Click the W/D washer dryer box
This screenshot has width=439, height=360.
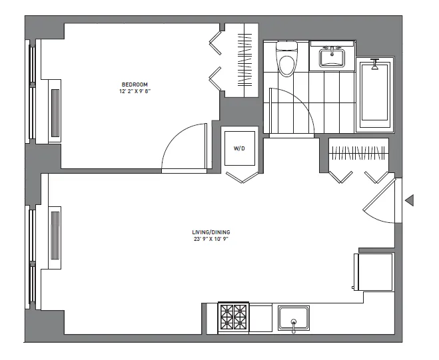click(x=240, y=148)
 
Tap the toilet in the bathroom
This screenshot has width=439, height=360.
click(x=286, y=61)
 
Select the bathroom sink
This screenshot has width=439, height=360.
click(x=331, y=57)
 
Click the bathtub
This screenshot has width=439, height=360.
click(x=374, y=96)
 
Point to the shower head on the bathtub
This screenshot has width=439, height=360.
click(x=374, y=65)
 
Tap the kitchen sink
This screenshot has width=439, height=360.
click(x=294, y=317)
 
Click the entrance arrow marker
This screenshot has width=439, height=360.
click(x=410, y=200)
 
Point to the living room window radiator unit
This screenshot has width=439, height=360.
click(x=55, y=237)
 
